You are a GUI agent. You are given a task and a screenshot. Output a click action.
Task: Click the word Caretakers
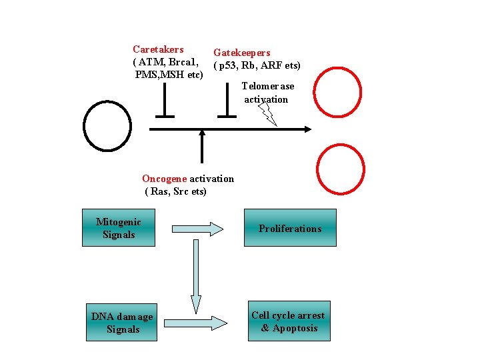(158, 49)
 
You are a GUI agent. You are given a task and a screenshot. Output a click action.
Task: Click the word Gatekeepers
(241, 53)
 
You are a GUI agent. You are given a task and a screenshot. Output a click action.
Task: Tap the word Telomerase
(267, 87)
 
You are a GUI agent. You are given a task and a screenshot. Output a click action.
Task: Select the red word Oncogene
(165, 179)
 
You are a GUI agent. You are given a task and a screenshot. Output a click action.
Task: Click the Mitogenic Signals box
(119, 228)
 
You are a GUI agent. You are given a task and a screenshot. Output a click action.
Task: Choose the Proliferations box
(289, 228)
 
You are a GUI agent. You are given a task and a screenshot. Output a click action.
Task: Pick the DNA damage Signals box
(122, 323)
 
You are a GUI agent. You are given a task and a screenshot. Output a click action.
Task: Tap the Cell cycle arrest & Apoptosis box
(289, 321)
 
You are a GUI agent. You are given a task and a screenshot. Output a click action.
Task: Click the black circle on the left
(107, 128)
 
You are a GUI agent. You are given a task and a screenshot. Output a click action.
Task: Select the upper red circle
(337, 92)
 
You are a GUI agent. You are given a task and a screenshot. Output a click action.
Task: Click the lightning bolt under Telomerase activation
(268, 115)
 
